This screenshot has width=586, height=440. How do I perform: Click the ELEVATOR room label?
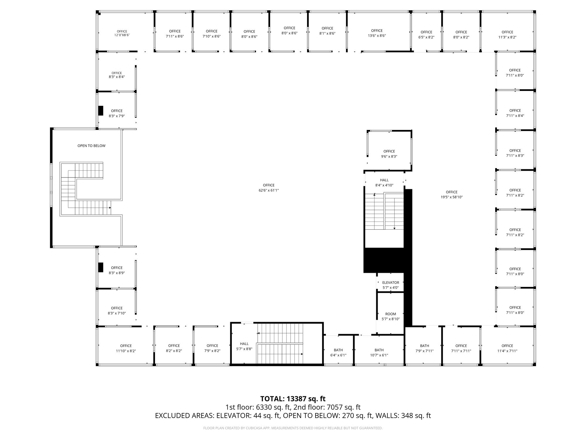pyautogui.click(x=391, y=282)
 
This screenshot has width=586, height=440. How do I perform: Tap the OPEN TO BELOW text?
pyautogui.click(x=91, y=146)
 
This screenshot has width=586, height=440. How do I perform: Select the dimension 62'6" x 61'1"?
pyautogui.click(x=268, y=190)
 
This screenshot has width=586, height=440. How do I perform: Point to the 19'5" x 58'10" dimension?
pyautogui.click(x=452, y=197)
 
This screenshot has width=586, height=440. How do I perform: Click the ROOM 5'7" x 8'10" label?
pyautogui.click(x=391, y=316)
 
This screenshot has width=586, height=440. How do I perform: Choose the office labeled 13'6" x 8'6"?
pyautogui.click(x=377, y=33)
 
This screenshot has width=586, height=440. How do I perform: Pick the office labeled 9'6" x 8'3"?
pyautogui.click(x=389, y=154)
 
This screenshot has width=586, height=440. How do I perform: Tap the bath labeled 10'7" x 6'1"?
pyautogui.click(x=379, y=352)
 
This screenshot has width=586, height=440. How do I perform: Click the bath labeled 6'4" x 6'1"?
pyautogui.click(x=338, y=352)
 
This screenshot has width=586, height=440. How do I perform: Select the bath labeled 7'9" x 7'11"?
pyautogui.click(x=424, y=348)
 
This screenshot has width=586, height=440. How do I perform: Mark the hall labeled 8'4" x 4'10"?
pyautogui.click(x=384, y=183)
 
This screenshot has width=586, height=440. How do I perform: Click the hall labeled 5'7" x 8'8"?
pyautogui.click(x=244, y=346)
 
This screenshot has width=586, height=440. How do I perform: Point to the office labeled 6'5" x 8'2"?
pyautogui.click(x=426, y=35)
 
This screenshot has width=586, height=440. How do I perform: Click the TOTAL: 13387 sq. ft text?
pyautogui.click(x=293, y=399)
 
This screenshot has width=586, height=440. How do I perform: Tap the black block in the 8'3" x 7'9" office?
pyautogui.click(x=101, y=110)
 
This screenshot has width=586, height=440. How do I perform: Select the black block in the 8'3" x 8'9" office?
pyautogui.click(x=101, y=267)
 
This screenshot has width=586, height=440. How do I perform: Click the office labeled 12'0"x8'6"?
pyautogui.click(x=122, y=33)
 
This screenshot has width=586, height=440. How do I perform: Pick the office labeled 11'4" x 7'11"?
pyautogui.click(x=507, y=348)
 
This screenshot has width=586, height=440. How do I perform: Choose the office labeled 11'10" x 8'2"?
pyautogui.click(x=126, y=348)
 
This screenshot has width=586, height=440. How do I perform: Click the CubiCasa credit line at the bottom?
pyautogui.click(x=293, y=428)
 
